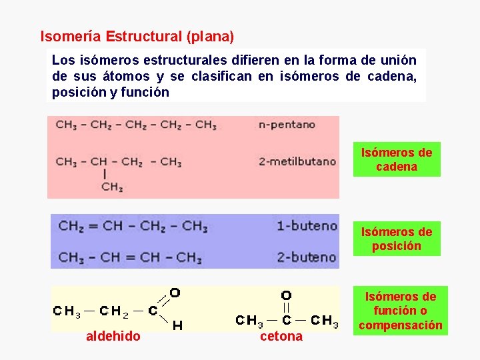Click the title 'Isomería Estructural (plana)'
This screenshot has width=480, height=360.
click(137, 35)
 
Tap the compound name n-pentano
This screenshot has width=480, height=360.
click(287, 125)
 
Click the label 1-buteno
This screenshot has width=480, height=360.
click(307, 226)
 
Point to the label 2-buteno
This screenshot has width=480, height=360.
click(307, 257)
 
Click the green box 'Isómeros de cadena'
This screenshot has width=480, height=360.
click(397, 160)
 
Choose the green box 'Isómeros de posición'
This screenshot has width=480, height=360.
click(397, 239)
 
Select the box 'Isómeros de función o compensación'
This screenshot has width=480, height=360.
click(401, 311)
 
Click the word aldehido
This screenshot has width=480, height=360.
click(113, 337)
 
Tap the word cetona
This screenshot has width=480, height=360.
click(281, 337)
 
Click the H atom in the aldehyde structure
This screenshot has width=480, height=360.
click(177, 325)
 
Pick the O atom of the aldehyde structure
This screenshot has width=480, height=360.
click(175, 293)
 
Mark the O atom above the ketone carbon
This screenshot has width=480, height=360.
click(286, 295)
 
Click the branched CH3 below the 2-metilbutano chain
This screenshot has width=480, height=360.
click(112, 187)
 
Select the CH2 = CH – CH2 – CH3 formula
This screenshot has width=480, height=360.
click(133, 226)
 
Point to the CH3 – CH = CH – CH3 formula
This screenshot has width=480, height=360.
click(130, 257)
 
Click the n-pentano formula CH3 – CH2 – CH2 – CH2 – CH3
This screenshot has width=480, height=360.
click(136, 125)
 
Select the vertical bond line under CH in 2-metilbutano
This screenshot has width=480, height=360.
click(104, 173)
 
